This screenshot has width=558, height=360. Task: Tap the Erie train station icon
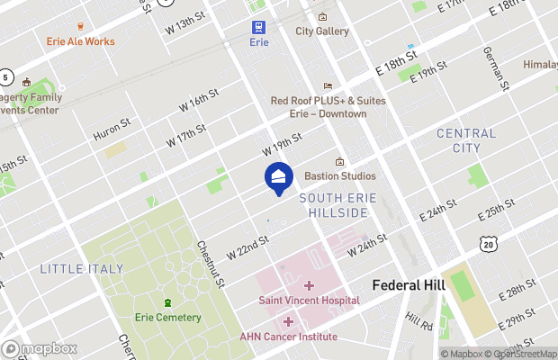(x=259, y=27)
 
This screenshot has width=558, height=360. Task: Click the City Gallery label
(x=322, y=31)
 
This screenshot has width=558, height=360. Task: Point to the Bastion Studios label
(x=339, y=175)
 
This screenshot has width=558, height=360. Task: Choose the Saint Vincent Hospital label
(x=309, y=300)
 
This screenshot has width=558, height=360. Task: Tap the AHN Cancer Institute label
(x=288, y=337)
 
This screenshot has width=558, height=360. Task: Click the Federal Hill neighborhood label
(x=409, y=285)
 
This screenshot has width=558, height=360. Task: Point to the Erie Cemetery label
(x=167, y=318)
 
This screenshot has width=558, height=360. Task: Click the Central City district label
(x=465, y=139)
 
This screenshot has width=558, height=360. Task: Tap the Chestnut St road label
(x=209, y=264)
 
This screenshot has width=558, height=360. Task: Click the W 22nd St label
(x=247, y=246)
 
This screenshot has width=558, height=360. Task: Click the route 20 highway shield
(x=488, y=244)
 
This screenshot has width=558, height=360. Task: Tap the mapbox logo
(x=40, y=348)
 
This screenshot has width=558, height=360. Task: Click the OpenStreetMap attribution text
(x=522, y=354)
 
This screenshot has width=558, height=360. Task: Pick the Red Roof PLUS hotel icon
(x=328, y=85)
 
